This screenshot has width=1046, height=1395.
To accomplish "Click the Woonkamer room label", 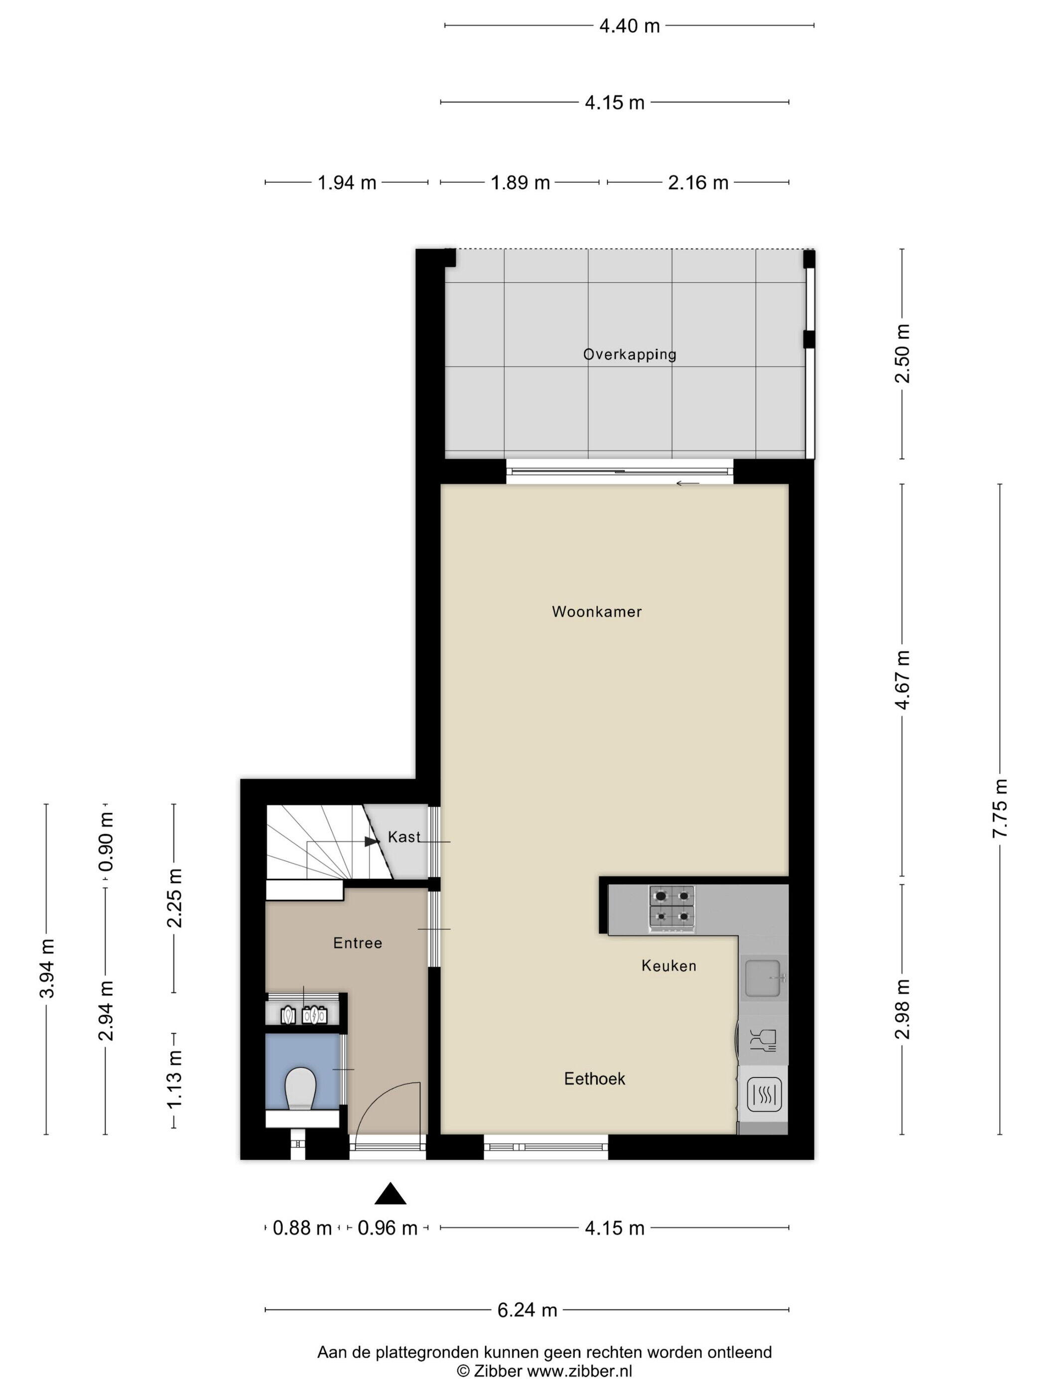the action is [x=596, y=611].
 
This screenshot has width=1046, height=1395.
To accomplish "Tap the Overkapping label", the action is [x=629, y=354].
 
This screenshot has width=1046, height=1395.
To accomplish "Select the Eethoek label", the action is [x=595, y=1079].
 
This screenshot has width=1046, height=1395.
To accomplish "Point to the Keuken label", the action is [x=669, y=966].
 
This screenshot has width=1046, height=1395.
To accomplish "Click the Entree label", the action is [x=358, y=943].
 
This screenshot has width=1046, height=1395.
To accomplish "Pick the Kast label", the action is [x=404, y=837].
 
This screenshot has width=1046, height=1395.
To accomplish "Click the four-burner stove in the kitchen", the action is [x=672, y=908].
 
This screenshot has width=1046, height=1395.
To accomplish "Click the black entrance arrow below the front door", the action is [x=391, y=1193].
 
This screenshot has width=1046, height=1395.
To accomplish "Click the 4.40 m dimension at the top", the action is [x=629, y=26].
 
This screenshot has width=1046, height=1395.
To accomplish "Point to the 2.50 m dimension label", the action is [x=902, y=354].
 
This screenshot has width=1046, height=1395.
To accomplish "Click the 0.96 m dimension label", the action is [x=388, y=1228].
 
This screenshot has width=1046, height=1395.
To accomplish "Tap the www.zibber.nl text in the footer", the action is [x=579, y=1371].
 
